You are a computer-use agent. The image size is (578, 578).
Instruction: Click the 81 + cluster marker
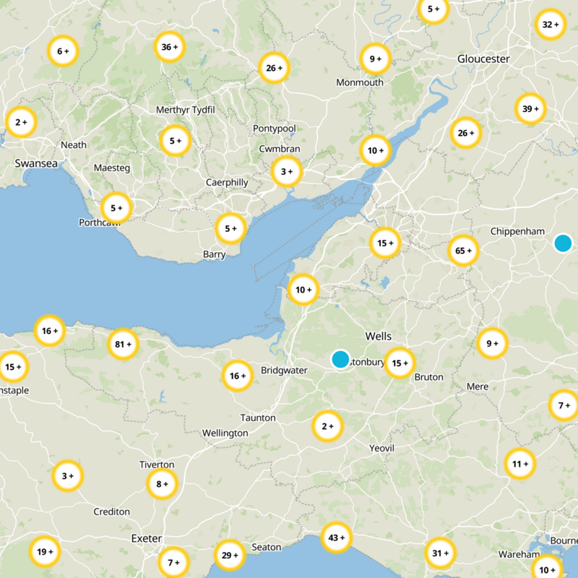click(124, 345)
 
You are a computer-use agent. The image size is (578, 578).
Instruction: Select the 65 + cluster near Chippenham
click(463, 251)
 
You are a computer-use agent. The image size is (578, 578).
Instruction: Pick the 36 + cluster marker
click(170, 48)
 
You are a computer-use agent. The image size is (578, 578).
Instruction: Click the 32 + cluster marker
click(550, 25)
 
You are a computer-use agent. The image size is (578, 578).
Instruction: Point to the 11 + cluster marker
click(519, 464)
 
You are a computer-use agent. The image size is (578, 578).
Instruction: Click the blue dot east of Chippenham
click(563, 243)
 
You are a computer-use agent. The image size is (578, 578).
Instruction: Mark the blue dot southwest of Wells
click(340, 359)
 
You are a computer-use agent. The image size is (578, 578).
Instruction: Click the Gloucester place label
click(483, 59)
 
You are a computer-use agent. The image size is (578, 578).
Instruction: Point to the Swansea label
click(36, 164)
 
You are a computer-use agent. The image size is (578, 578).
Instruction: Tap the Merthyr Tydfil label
click(186, 110)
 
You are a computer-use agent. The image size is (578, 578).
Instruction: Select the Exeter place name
click(147, 538)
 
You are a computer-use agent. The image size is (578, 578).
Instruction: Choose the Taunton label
click(258, 418)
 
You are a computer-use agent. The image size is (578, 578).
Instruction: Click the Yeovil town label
click(381, 449)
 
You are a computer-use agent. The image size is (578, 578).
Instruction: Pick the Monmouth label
click(360, 82)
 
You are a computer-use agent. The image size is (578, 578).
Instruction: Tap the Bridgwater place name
click(285, 371)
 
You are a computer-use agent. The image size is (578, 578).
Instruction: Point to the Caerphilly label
click(227, 183)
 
